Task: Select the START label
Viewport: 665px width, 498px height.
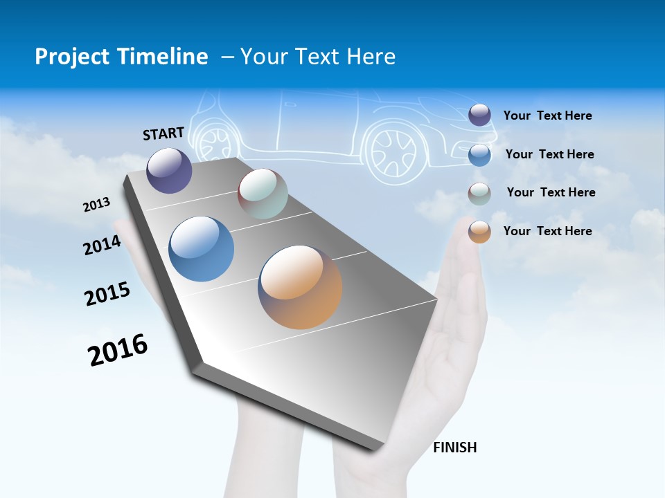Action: pos(163,133)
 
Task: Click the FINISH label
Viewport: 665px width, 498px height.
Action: pos(455,448)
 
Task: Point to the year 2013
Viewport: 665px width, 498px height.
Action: pos(97,205)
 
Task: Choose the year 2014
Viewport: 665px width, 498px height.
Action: pos(103,245)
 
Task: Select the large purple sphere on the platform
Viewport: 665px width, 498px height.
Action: pos(169,170)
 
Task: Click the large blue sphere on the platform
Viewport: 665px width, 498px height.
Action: pos(202,249)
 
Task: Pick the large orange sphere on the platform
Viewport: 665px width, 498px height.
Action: pos(300,287)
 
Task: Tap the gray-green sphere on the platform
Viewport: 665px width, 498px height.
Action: pos(263,194)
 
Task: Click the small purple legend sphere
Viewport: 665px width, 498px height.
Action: pos(479,115)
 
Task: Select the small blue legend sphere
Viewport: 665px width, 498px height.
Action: pos(479,154)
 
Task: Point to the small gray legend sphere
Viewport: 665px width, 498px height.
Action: pos(479,193)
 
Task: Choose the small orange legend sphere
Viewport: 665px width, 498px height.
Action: pos(479,232)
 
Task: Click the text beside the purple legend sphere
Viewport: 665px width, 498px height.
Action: pos(547,116)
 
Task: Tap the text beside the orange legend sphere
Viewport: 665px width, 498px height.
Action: pos(547,231)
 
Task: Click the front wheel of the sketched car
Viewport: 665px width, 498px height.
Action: pos(393,150)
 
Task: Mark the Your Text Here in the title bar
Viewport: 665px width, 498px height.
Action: pos(318,57)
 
